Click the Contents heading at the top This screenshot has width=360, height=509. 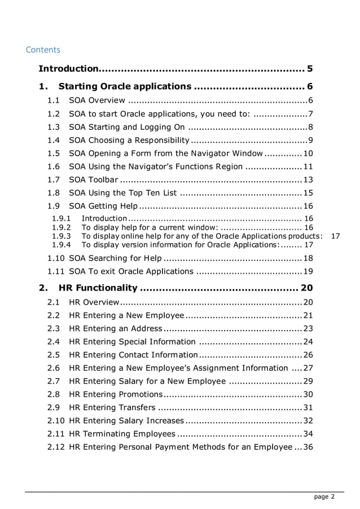pyautogui.click(x=43, y=50)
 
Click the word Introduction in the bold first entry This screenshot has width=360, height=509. pyautogui.click(x=68, y=69)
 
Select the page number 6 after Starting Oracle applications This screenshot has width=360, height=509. pyautogui.click(x=310, y=86)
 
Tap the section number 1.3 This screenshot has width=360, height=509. pyautogui.click(x=54, y=126)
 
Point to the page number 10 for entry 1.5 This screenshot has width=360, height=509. pyautogui.click(x=308, y=153)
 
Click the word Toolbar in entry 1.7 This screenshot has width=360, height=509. pyautogui.click(x=102, y=179)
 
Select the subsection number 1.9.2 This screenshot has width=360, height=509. pyautogui.click(x=61, y=227)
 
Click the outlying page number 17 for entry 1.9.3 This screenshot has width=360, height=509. pyautogui.click(x=335, y=236)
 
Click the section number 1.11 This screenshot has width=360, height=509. pyautogui.click(x=55, y=271)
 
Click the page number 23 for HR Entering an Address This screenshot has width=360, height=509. pyautogui.click(x=308, y=328)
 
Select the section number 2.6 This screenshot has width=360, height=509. pyautogui.click(x=54, y=368)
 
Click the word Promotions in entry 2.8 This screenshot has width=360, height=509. pyautogui.click(x=141, y=394)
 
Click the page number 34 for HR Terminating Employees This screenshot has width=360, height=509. pyautogui.click(x=308, y=433)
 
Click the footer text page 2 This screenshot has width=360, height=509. pyautogui.click(x=324, y=497)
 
